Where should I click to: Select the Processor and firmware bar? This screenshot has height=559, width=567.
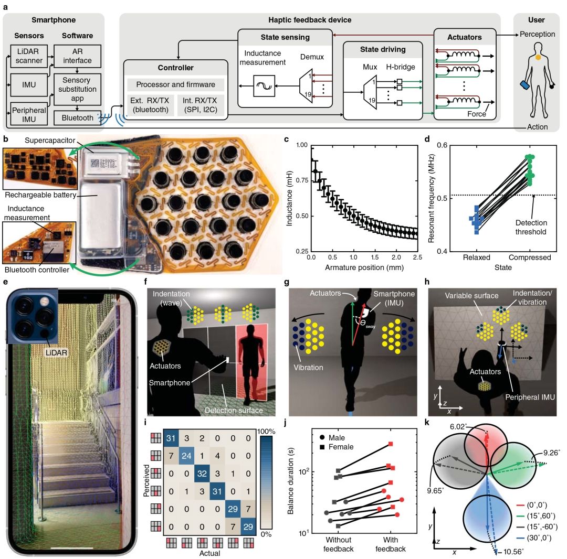pyautogui.click(x=176, y=84)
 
